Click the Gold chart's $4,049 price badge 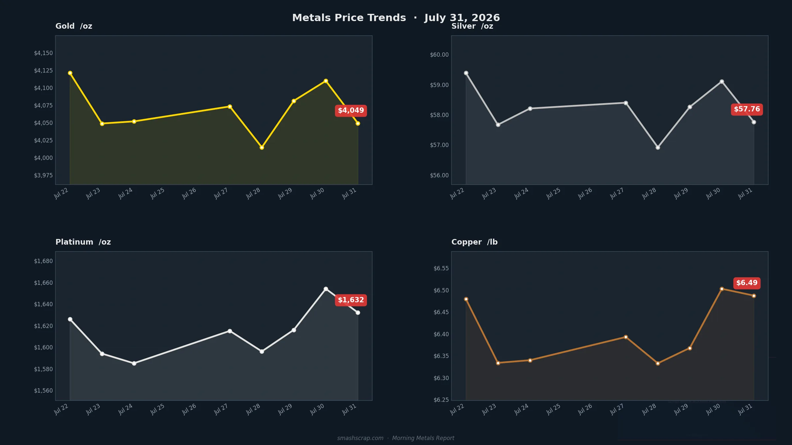[x=351, y=111]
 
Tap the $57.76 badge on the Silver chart [x=747, y=109]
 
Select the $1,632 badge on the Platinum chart [x=351, y=300]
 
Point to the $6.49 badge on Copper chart [x=747, y=283]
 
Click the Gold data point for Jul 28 [x=262, y=147]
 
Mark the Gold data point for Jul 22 [x=70, y=73]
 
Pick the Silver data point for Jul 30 [x=722, y=81]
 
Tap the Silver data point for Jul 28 [x=658, y=147]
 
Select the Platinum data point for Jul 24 [x=134, y=363]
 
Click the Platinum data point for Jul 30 [x=326, y=289]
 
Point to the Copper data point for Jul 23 [x=498, y=363]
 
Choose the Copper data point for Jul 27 [x=626, y=337]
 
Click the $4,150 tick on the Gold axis [x=43, y=53]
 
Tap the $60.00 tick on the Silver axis [x=439, y=55]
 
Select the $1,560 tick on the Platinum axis [x=43, y=391]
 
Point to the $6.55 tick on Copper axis [x=441, y=268]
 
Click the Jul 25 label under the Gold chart [x=157, y=193]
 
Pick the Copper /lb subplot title [x=475, y=242]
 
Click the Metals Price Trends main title [x=349, y=18]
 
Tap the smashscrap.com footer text [x=360, y=438]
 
